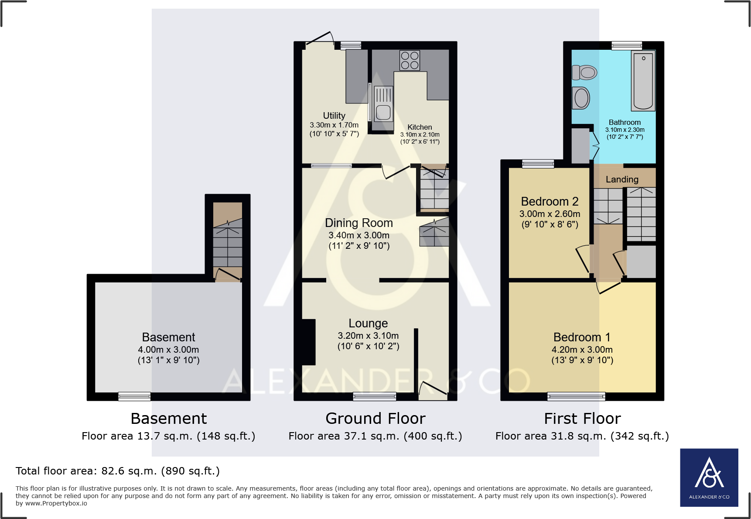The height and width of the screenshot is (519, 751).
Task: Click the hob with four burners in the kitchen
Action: pos(410,61)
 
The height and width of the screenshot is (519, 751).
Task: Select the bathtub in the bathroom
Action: pos(643,81)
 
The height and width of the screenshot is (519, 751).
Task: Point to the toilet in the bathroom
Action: pos(584,72)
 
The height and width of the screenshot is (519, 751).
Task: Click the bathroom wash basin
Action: pos(581,98)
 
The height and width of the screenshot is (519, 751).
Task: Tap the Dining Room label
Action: pos(358,223)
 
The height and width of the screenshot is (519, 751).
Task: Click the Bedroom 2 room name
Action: pos(550,202)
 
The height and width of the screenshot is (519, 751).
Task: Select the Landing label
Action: pos(621,179)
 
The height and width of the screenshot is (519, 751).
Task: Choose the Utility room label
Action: pos(334,116)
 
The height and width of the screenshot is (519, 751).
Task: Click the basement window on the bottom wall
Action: pos(134,396)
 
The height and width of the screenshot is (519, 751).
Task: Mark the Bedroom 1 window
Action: pos(576,396)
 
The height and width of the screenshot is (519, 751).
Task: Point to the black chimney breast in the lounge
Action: pos(308,342)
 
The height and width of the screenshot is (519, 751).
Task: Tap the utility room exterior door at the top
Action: pos(320,38)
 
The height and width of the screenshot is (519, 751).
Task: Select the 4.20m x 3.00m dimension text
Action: pos(582,350)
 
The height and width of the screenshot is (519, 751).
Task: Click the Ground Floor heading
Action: pos(375,419)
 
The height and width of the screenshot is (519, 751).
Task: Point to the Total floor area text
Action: pos(117,471)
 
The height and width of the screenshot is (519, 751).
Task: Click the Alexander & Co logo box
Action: pos(709,477)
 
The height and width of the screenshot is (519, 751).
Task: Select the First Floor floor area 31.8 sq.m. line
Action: pos(582,436)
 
